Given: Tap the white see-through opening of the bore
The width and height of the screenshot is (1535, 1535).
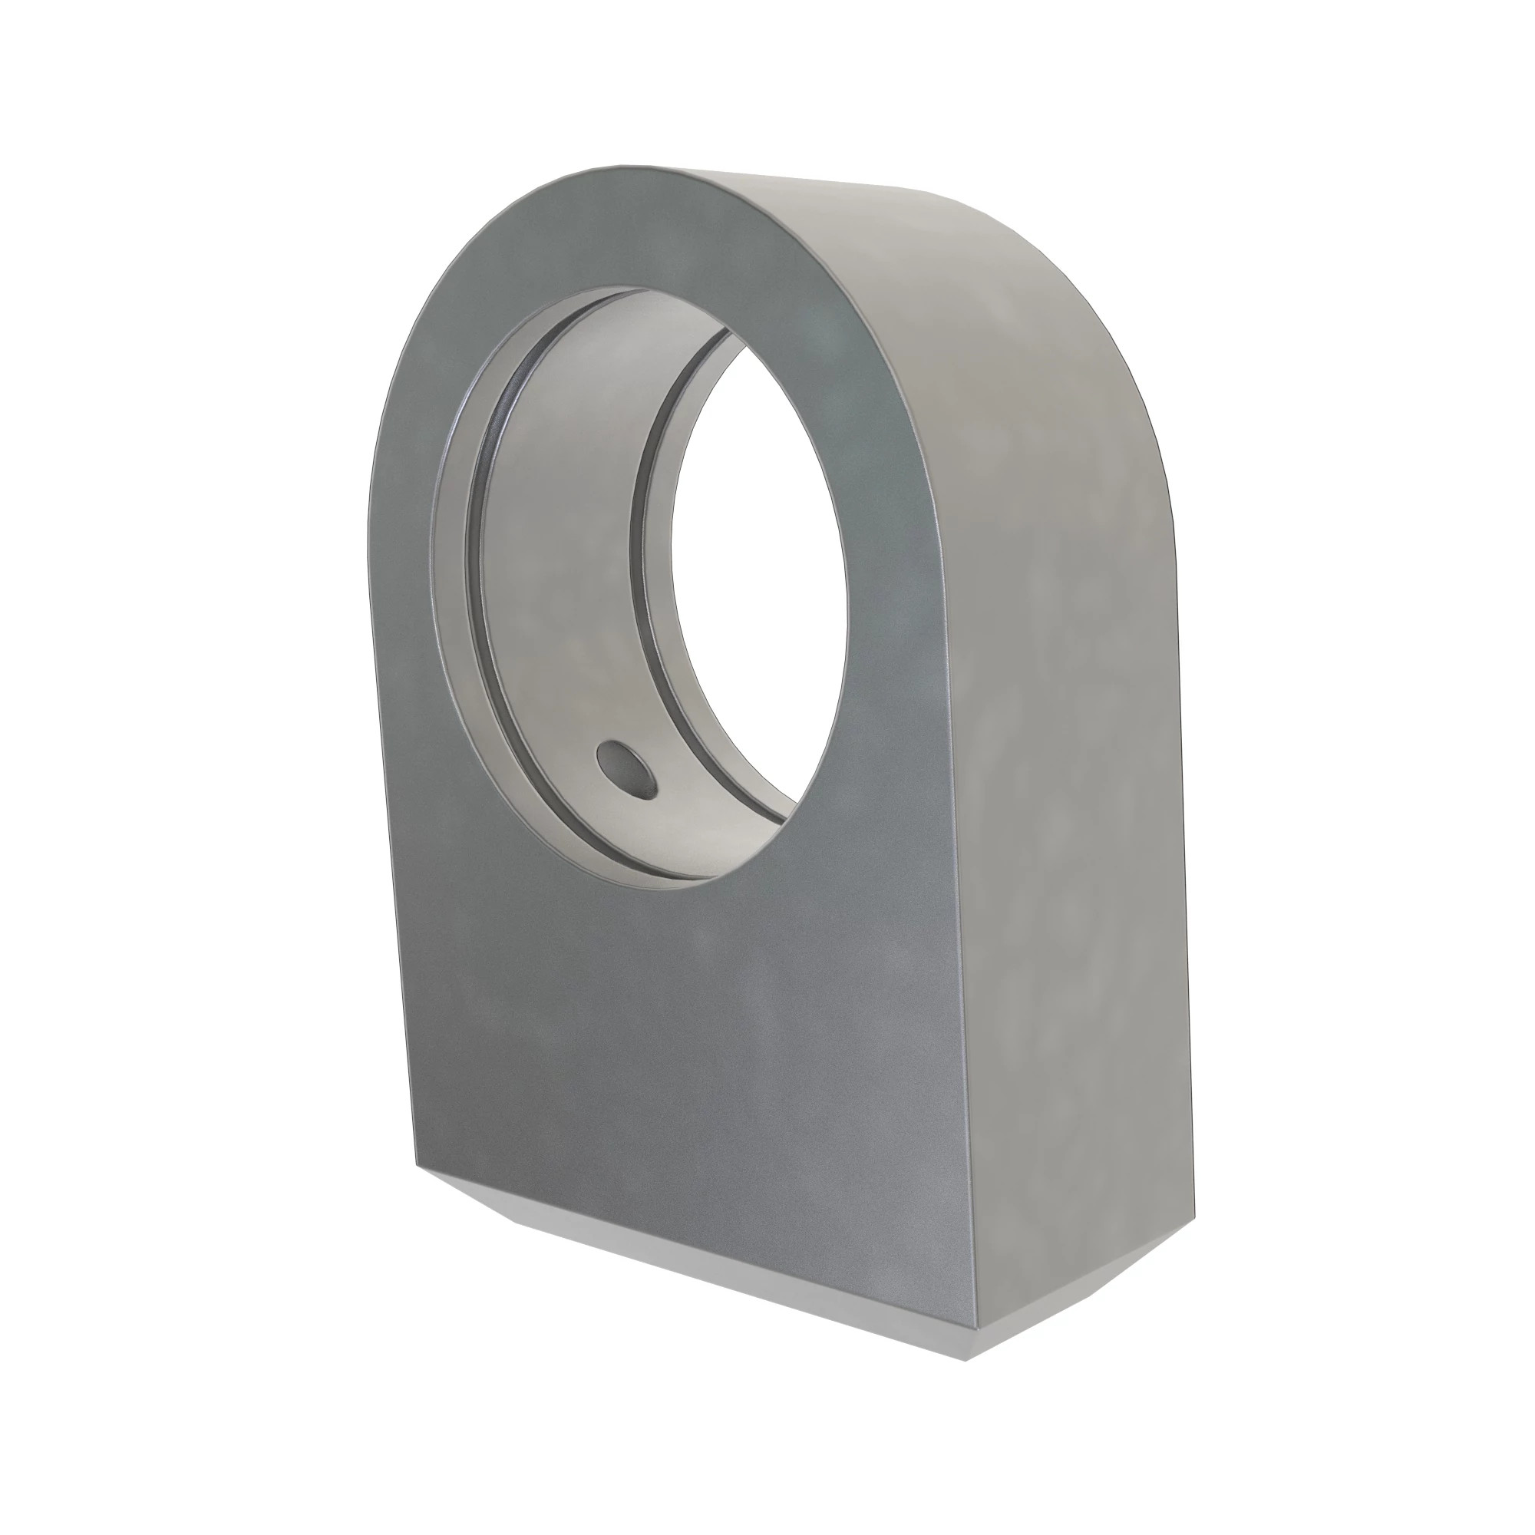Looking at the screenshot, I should point(754,572).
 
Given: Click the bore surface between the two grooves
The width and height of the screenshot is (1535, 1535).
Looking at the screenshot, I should point(556,556).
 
